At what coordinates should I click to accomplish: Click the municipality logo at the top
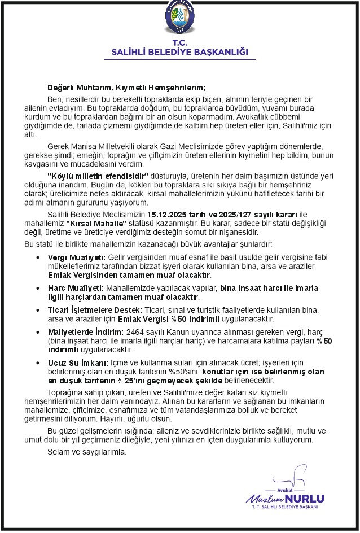point(179,18)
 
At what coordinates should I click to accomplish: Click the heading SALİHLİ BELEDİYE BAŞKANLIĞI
point(179,52)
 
